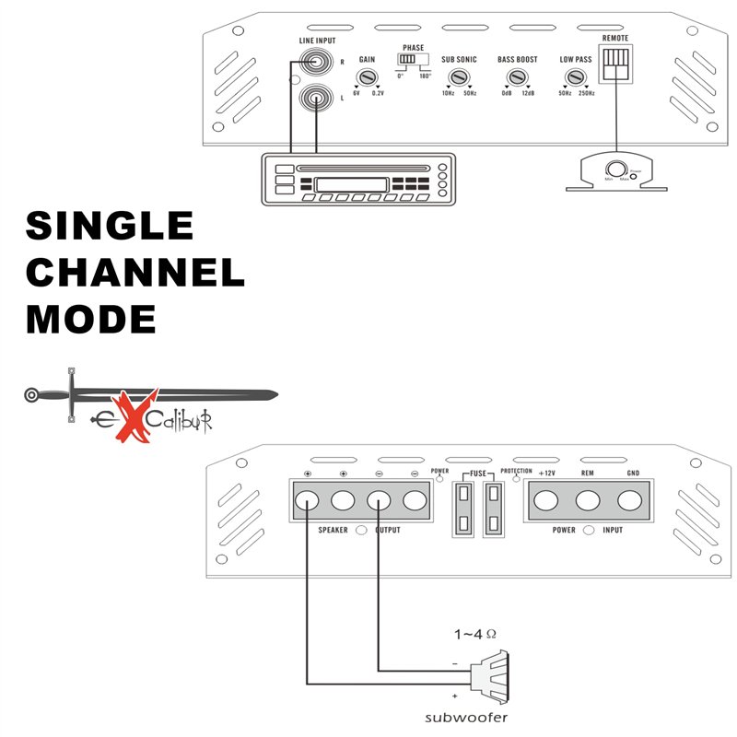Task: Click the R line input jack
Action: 316,64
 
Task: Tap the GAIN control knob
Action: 367,76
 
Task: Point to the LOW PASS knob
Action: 576,76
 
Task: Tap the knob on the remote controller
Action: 614,170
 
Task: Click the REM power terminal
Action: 588,502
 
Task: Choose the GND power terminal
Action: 630,502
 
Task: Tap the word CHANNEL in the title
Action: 135,273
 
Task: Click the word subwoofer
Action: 466,718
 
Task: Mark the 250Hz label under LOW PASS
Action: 587,93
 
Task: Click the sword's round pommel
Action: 33,395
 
